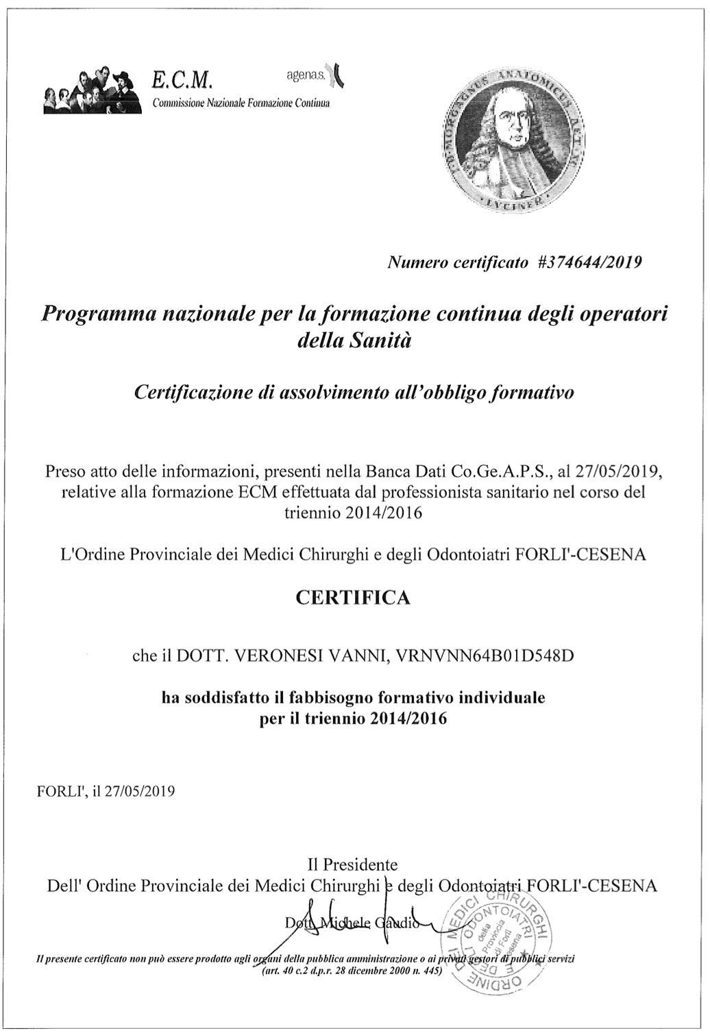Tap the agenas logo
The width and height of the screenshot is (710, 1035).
point(315,73)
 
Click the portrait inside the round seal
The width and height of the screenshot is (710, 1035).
point(514,137)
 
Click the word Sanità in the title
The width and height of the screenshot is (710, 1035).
point(380,340)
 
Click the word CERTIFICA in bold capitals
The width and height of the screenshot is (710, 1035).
point(353,598)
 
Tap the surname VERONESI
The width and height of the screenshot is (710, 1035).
point(278,656)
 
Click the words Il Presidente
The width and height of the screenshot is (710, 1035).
point(353,864)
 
